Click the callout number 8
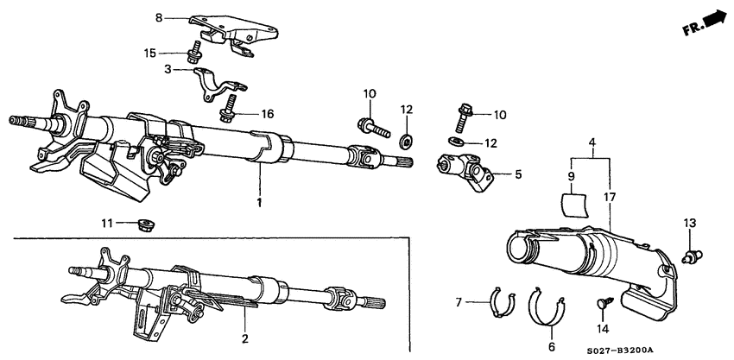(x=158, y=17)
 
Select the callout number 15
(x=150, y=54)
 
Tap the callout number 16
(x=244, y=113)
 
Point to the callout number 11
(x=107, y=224)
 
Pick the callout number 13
(x=688, y=223)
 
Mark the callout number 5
(x=518, y=174)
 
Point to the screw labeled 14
(x=604, y=303)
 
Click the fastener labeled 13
(x=689, y=254)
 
